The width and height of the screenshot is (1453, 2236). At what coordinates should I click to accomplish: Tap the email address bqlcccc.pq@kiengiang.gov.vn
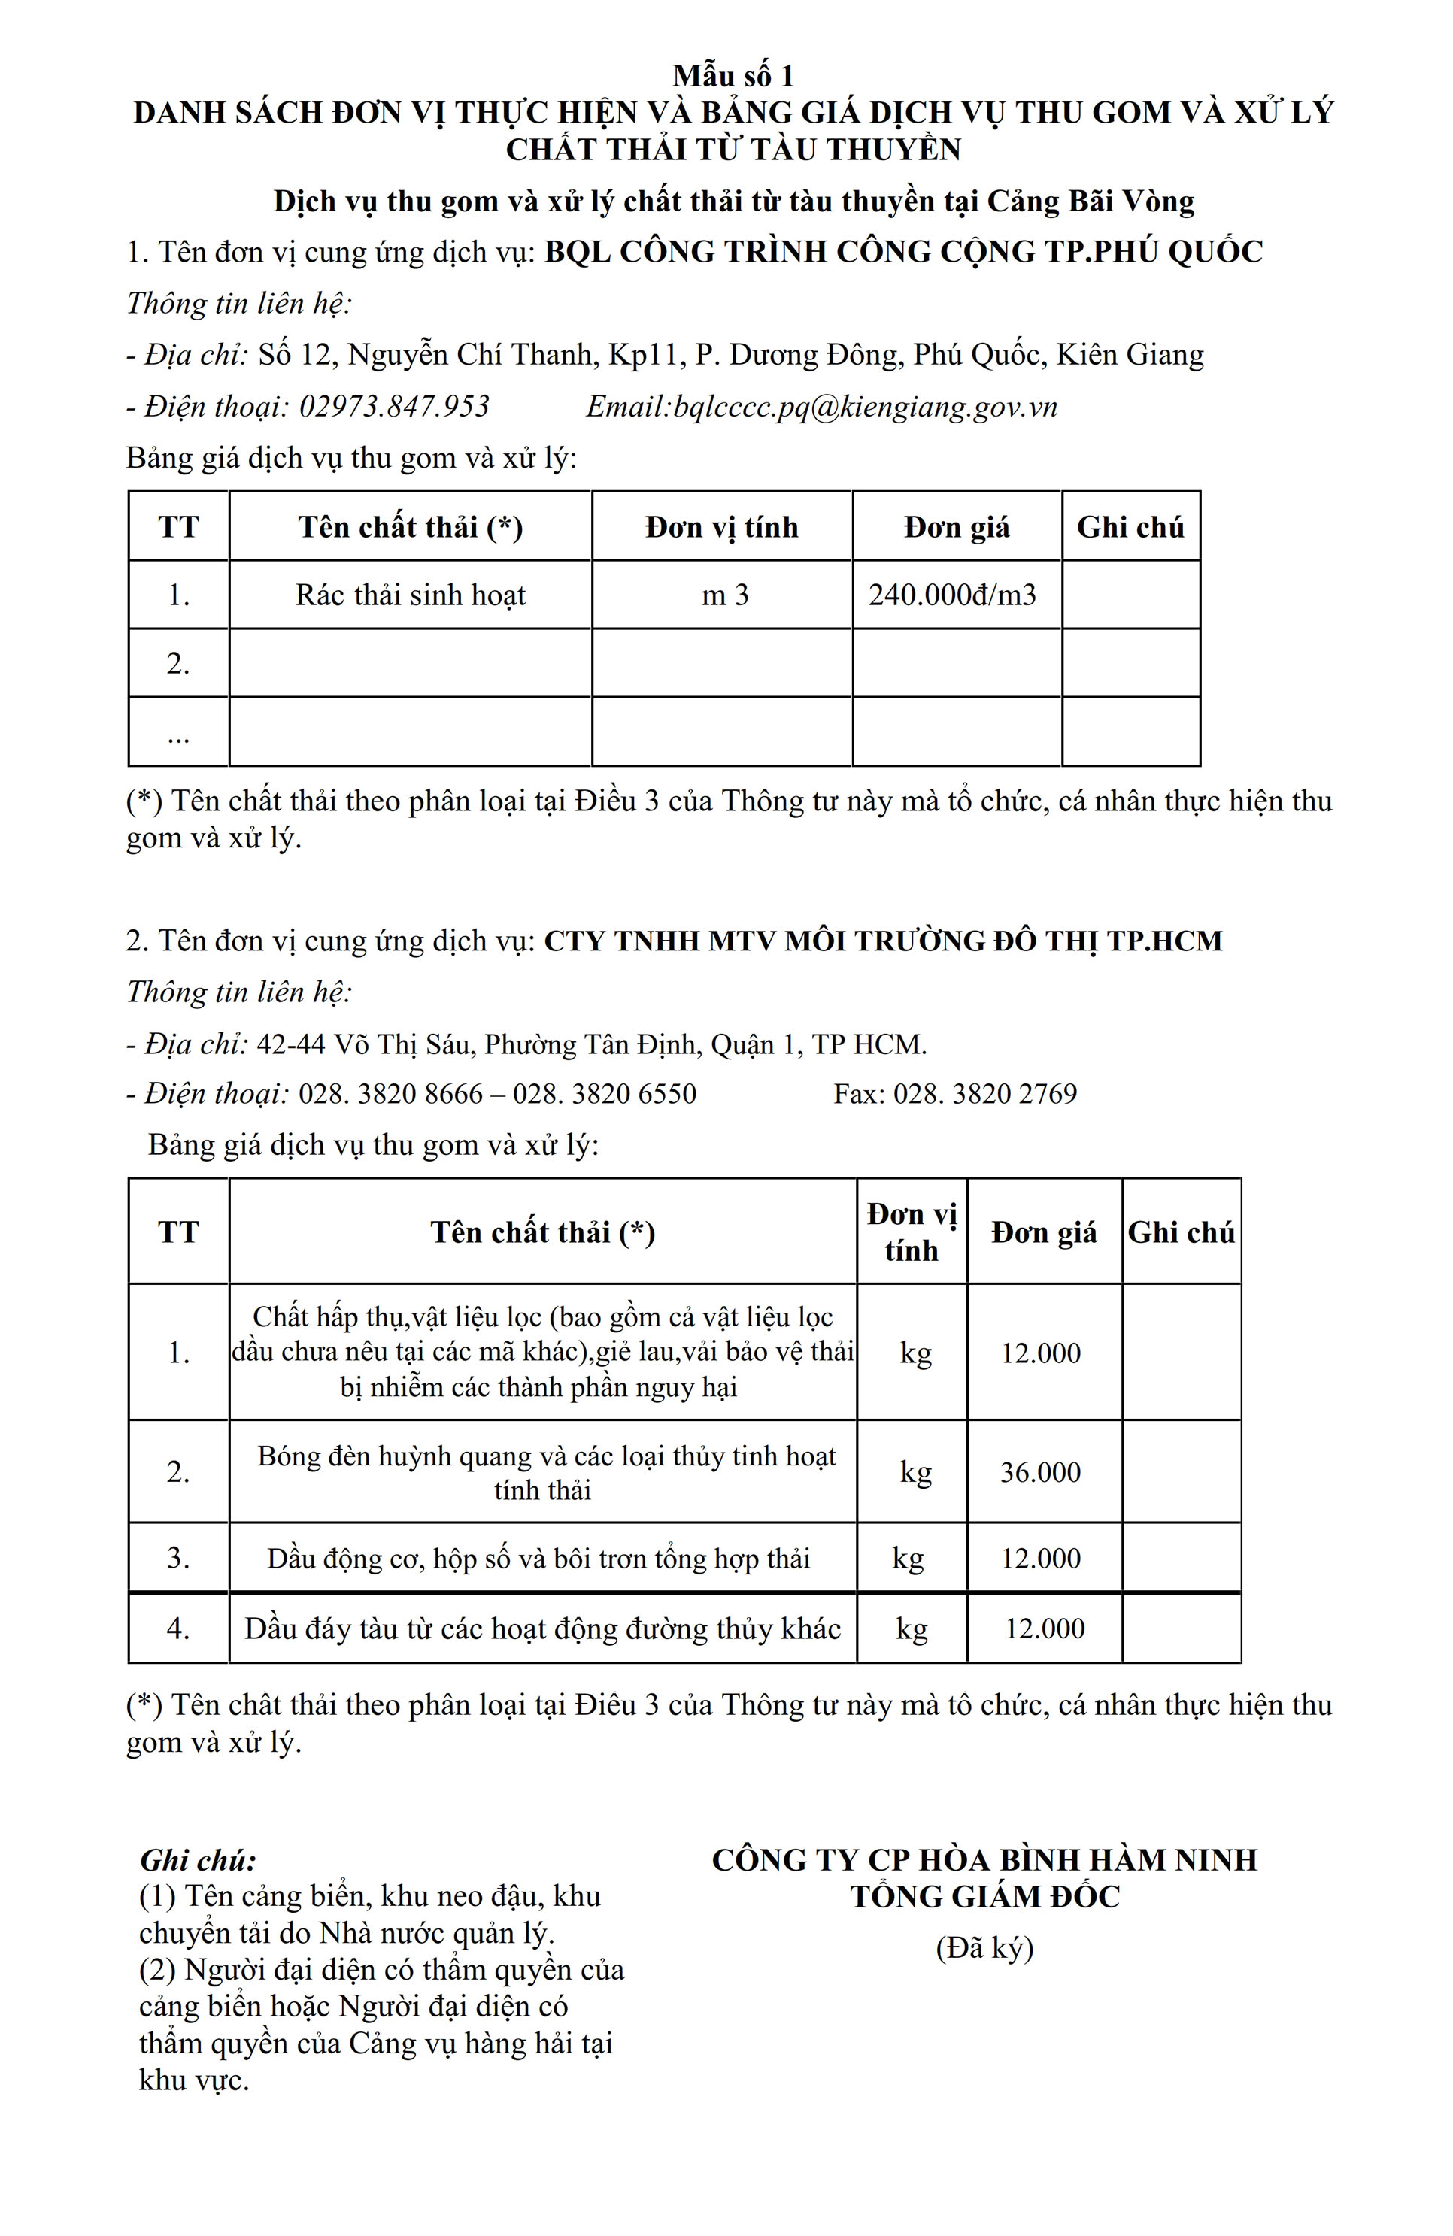pyautogui.click(x=866, y=407)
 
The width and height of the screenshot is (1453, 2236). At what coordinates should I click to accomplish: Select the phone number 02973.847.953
pyautogui.click(x=394, y=407)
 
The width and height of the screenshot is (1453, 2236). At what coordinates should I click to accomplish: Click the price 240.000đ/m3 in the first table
pyautogui.click(x=951, y=595)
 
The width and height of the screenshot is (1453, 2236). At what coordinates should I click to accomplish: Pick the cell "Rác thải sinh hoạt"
pyautogui.click(x=410, y=595)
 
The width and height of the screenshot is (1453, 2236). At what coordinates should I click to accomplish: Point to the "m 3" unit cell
pyautogui.click(x=725, y=595)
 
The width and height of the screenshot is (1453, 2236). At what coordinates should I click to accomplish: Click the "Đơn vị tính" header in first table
pyautogui.click(x=721, y=527)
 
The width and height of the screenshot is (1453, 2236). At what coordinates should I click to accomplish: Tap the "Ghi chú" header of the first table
pyautogui.click(x=1130, y=527)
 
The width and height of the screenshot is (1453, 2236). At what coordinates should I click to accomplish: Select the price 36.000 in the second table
pyautogui.click(x=1039, y=1472)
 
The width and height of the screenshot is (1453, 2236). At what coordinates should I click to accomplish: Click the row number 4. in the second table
pyautogui.click(x=178, y=1629)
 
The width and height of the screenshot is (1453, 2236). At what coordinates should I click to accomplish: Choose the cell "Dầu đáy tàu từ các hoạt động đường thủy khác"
pyautogui.click(x=542, y=1629)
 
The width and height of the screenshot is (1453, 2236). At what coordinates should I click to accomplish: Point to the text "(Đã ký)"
pyautogui.click(x=984, y=1947)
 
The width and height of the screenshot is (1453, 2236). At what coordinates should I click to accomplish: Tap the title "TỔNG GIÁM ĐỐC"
pyautogui.click(x=984, y=1897)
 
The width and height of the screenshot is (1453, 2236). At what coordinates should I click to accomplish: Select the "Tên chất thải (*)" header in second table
pyautogui.click(x=542, y=1232)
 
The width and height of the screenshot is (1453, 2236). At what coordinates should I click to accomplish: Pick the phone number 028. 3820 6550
pyautogui.click(x=605, y=1094)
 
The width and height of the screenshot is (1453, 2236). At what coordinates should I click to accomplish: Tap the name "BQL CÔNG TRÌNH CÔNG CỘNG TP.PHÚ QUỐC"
pyautogui.click(x=903, y=252)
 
